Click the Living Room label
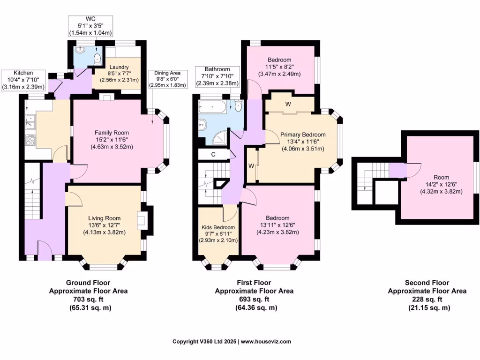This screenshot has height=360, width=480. tap(104, 218)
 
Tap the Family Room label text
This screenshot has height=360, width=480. tap(112, 133)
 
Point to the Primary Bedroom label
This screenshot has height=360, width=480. tap(302, 135)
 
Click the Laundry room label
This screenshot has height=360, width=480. tap(119, 67)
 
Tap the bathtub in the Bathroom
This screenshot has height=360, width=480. tap(213, 107)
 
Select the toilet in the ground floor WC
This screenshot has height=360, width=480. tap(97, 59)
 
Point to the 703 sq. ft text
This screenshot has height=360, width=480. tap(88, 299)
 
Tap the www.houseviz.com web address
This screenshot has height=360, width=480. tap(266, 342)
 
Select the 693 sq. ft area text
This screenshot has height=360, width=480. tap(254, 299)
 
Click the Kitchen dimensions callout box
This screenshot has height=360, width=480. tap(23, 80)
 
